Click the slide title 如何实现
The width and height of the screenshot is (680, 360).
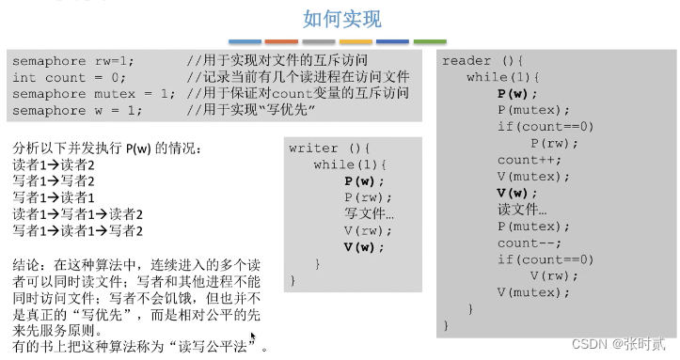(x=342, y=18)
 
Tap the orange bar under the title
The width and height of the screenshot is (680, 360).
(x=281, y=41)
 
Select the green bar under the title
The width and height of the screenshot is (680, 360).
(x=429, y=41)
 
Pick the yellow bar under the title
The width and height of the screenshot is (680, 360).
(x=356, y=41)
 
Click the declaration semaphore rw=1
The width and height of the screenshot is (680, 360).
(x=72, y=60)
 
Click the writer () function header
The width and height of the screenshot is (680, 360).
(x=330, y=148)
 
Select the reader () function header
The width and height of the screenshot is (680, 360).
(x=483, y=60)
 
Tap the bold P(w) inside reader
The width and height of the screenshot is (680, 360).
(x=517, y=93)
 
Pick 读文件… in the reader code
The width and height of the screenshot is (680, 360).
(x=521, y=210)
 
